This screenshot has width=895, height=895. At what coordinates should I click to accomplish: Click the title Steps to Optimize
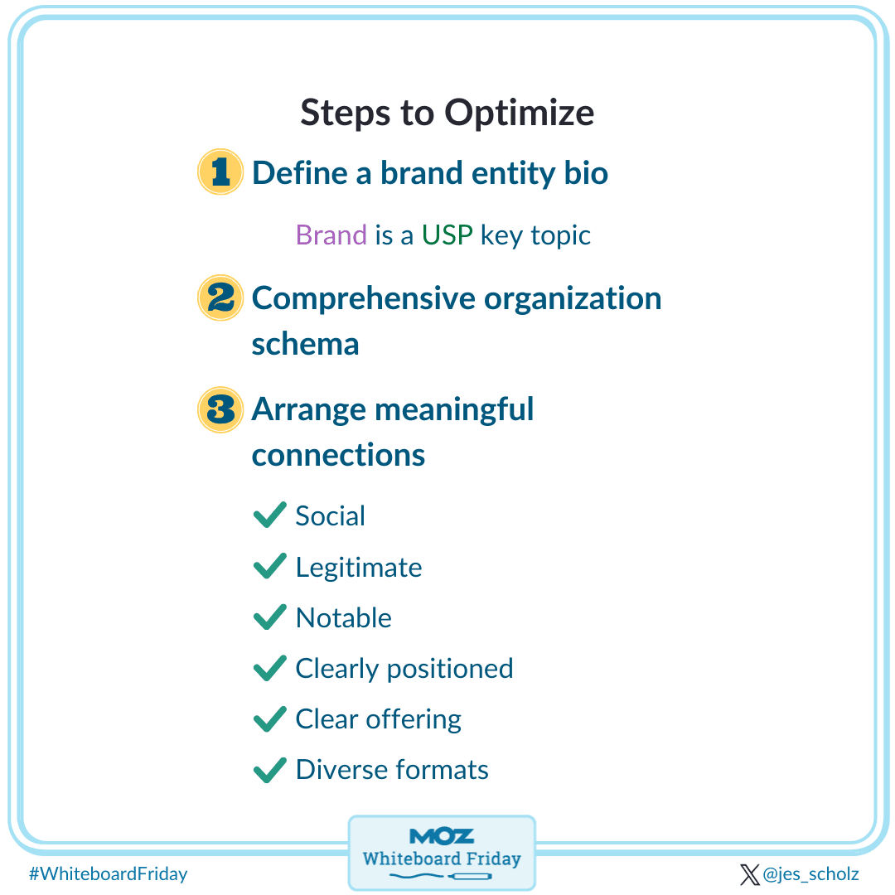point(447,113)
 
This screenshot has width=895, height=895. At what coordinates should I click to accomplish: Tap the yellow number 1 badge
point(220,172)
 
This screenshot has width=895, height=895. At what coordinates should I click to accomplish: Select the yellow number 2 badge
point(220,298)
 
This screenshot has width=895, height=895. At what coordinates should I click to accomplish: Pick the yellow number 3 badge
point(220,409)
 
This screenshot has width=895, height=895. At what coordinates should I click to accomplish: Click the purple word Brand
point(331,235)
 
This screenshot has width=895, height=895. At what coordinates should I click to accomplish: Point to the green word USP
point(447,235)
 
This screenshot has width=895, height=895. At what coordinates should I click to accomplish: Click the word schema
point(305,344)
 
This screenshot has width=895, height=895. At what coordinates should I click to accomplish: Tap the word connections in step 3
point(338,455)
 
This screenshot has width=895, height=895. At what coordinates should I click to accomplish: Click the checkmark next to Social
point(269,515)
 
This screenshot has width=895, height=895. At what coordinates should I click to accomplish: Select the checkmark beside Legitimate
point(269,567)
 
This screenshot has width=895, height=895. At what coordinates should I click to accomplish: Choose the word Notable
point(343,618)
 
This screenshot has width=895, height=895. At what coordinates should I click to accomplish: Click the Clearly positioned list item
point(404,669)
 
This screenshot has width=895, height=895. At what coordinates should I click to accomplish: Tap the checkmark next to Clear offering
point(269,719)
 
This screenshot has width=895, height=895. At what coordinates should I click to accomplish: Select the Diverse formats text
point(391,770)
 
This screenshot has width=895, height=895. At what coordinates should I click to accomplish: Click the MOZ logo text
point(441,835)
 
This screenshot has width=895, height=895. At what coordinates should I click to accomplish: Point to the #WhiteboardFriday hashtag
point(108,873)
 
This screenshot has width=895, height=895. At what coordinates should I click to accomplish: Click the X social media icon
point(749,874)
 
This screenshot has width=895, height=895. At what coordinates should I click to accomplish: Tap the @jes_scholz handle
point(810,874)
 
